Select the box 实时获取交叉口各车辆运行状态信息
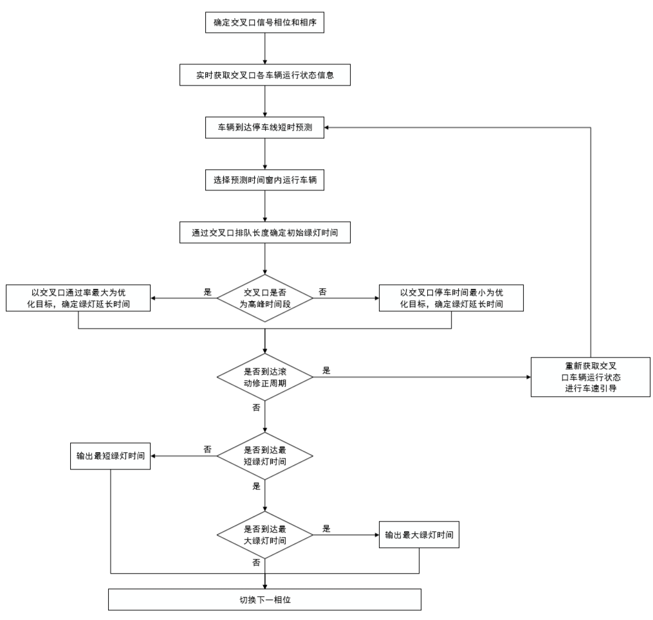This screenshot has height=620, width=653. click(264, 75)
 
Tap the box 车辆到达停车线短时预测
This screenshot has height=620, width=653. click(264, 128)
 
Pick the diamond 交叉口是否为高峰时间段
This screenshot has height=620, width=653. click(264, 297)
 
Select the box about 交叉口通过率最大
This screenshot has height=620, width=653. click(78, 297)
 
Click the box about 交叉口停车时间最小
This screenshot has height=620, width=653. click(450, 297)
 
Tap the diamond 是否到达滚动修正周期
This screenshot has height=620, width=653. click(264, 377)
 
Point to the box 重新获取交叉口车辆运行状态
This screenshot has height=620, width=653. click(590, 377)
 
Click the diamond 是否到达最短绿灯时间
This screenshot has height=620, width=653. click(264, 456)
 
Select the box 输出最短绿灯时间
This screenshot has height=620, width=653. click(111, 456)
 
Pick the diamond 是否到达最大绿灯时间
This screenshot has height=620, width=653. click(264, 534)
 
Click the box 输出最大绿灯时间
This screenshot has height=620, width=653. click(419, 534)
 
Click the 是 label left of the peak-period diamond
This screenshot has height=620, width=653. click(207, 291)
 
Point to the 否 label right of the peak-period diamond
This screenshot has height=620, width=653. click(322, 291)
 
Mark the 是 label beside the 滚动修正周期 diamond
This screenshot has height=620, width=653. click(326, 371)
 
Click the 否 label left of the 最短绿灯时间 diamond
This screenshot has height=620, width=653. click(207, 450)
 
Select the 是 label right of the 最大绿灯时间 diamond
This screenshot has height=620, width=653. click(326, 529)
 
